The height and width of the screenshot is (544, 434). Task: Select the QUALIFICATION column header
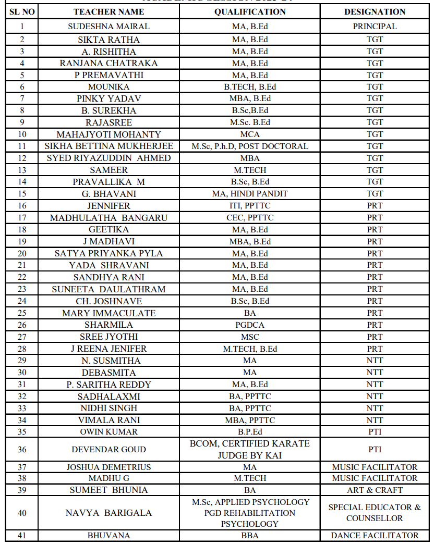click(250, 12)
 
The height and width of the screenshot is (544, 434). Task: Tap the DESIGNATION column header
click(375, 12)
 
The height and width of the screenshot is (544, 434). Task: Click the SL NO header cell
click(22, 12)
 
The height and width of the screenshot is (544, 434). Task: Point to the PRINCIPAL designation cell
click(375, 26)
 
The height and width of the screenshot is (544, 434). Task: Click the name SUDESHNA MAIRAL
click(108, 26)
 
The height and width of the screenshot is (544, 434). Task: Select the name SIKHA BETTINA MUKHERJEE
click(108, 146)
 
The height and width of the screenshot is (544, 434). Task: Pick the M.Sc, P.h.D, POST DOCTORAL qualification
click(250, 146)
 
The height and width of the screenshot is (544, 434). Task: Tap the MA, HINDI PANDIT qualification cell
click(250, 194)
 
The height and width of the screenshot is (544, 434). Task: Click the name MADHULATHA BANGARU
click(108, 218)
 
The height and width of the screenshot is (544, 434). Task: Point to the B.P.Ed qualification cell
click(250, 432)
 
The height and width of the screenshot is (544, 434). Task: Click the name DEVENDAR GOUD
click(108, 450)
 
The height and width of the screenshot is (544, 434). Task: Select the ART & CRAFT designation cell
click(375, 490)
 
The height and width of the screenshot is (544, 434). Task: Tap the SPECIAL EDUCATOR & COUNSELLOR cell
click(375, 513)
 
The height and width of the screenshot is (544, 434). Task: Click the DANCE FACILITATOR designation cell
click(375, 536)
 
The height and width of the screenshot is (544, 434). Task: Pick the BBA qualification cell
click(250, 536)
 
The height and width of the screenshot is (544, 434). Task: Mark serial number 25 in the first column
click(22, 313)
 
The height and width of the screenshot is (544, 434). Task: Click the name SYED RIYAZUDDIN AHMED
click(108, 158)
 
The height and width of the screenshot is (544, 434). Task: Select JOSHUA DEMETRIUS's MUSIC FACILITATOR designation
click(375, 467)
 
